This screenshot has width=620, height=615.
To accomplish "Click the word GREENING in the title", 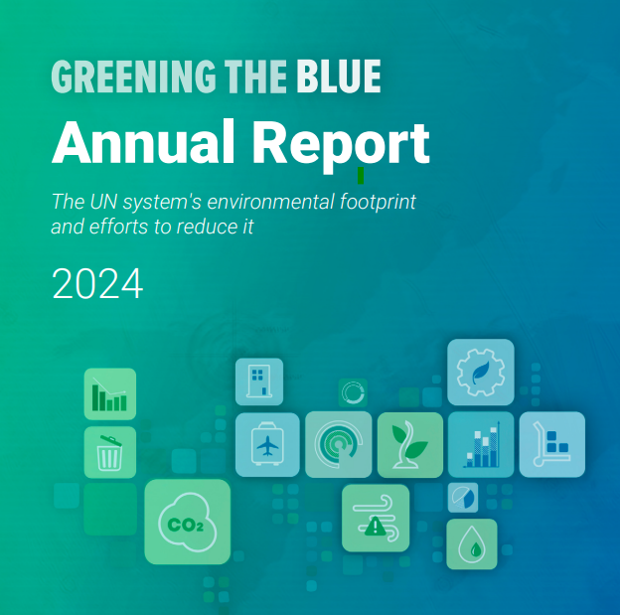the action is point(134,76).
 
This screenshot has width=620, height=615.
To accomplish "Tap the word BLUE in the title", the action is point(339,76).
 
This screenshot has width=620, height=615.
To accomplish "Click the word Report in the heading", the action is point(341,145).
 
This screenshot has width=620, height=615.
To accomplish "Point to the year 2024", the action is point(97,283).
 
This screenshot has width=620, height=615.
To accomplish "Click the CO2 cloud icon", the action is point(188,522).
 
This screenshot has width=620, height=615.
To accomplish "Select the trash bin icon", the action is point(110,452).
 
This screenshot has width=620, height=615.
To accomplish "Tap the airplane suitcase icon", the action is point(267,444).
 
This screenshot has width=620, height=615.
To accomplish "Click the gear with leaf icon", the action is point(481,373).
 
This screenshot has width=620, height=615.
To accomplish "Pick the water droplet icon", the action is point(472,544).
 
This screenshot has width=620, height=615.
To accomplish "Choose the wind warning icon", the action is point(376,518).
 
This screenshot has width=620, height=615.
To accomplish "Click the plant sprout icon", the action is point(410,445).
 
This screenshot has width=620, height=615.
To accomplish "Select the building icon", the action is point(259,382).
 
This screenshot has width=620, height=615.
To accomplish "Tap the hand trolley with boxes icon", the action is point(552,444).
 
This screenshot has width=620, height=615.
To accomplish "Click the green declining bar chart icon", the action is point(110,393).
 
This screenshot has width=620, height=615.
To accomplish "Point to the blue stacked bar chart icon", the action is point(481,444).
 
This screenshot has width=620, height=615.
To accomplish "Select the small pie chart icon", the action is point(463,498).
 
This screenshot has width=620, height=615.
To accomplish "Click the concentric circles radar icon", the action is point(339,444).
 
